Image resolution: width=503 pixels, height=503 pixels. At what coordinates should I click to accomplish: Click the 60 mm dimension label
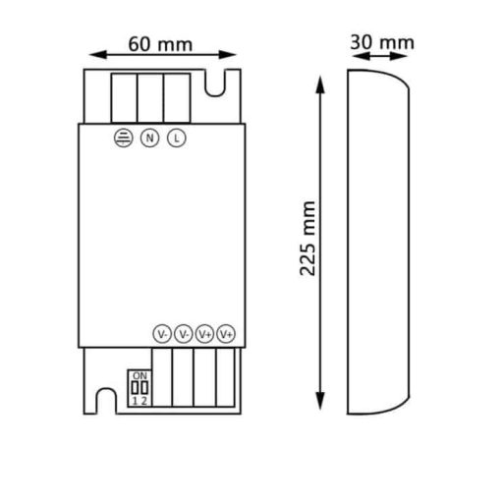coord(160,44)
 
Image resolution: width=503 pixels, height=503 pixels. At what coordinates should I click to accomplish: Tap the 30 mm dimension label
coord(382,42)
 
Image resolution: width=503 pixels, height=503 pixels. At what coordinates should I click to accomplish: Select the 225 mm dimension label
coord(307,239)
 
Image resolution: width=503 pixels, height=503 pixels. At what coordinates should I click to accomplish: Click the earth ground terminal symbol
coord(124,138)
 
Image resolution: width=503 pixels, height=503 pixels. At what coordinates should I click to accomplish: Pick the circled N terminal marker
coord(149,138)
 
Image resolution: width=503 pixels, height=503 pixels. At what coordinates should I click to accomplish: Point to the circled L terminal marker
coord(177,138)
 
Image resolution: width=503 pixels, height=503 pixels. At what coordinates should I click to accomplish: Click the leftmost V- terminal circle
coord(162,334)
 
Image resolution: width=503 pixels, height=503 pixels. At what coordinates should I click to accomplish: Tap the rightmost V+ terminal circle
coord(226,334)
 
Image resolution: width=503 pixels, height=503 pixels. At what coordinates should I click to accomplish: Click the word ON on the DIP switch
coord(140,375)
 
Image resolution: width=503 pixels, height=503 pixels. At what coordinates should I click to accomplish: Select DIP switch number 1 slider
coord(135,388)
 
